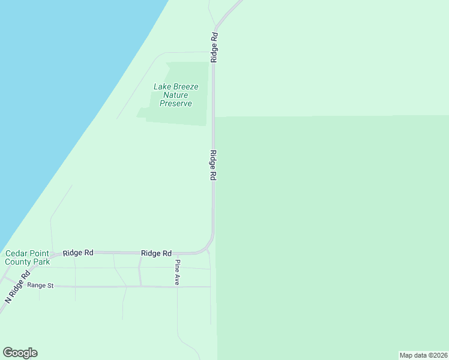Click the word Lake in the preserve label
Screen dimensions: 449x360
(163, 86)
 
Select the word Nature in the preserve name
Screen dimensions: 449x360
(176, 95)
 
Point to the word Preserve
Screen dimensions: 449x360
(176, 103)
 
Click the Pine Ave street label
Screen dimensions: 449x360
(177, 272)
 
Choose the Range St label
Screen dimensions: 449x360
(40, 286)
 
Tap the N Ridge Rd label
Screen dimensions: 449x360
(17, 288)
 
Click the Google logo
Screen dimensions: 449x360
(20, 353)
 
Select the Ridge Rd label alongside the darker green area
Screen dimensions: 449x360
(213, 165)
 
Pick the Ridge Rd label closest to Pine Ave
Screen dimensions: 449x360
(157, 253)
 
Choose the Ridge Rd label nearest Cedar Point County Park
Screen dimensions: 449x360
(78, 253)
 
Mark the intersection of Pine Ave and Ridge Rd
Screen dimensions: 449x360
(177, 253)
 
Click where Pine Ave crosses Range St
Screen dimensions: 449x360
(177, 287)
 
